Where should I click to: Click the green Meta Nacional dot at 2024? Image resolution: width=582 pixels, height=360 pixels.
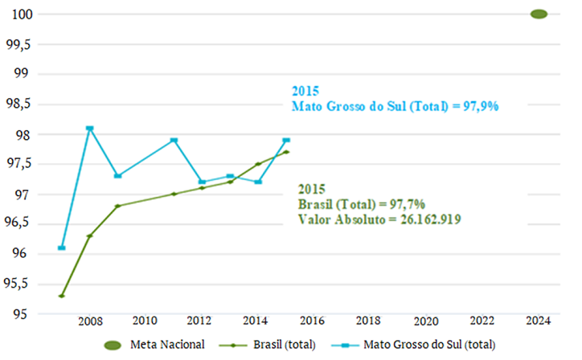click(x=539, y=14)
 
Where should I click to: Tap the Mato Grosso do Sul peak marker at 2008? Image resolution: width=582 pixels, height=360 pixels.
click(x=89, y=129)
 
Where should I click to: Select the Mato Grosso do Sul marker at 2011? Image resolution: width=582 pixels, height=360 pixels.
click(x=174, y=141)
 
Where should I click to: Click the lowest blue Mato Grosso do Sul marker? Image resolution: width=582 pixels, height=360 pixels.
click(x=62, y=247)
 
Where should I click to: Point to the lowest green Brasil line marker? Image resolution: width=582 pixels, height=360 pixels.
click(x=62, y=296)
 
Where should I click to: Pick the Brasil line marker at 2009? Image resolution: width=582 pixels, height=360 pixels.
click(x=117, y=206)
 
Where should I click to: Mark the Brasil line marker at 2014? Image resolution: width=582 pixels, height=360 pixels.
click(x=258, y=164)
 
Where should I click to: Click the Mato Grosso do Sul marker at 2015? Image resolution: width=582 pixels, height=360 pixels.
click(x=286, y=141)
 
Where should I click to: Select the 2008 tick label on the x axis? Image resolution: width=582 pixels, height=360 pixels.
click(x=89, y=321)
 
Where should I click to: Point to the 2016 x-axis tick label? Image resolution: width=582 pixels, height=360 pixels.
click(x=314, y=321)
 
